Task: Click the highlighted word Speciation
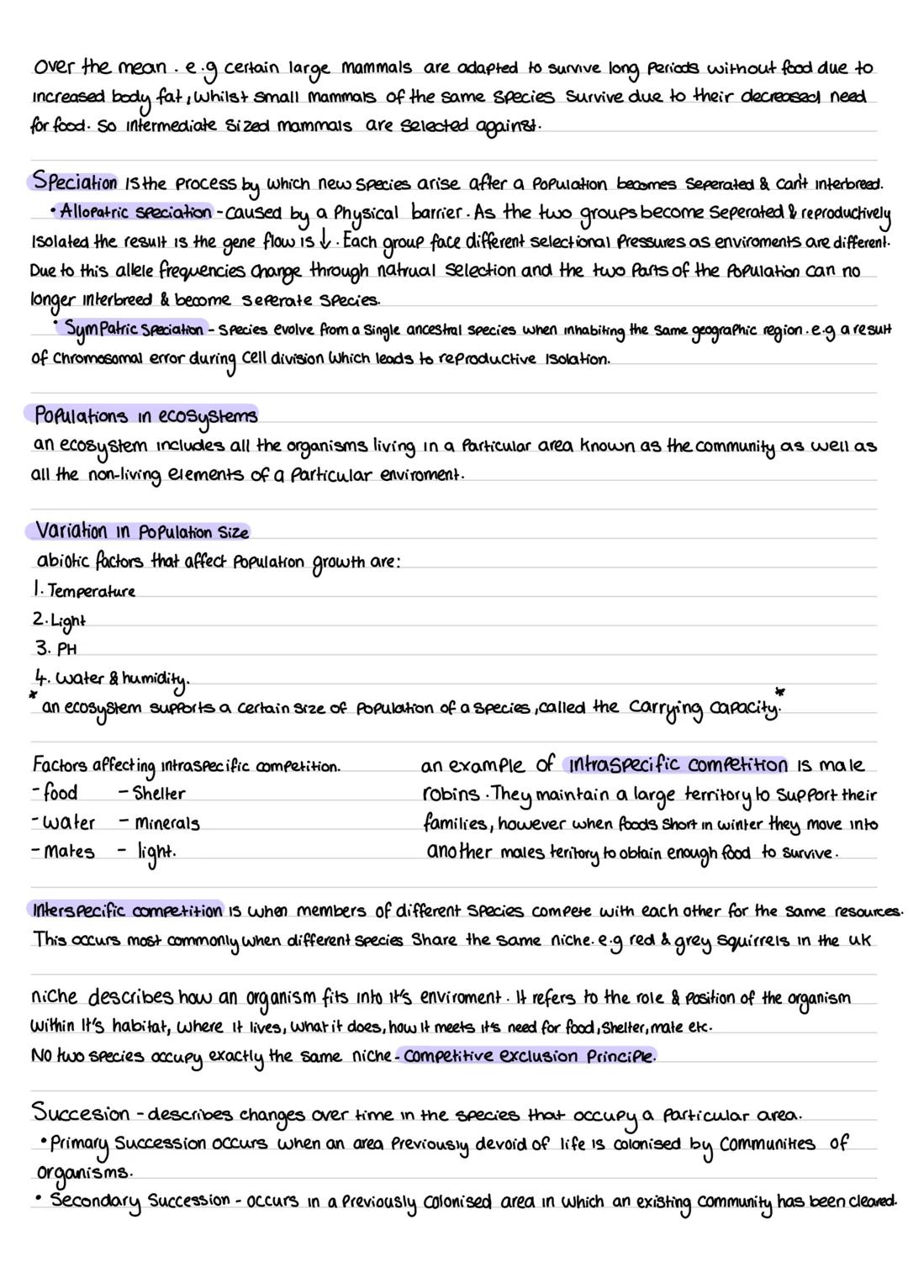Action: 74,182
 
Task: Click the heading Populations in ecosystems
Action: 145,415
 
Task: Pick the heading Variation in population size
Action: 142,531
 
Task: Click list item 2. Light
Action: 61,620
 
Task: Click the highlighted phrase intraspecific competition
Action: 677,765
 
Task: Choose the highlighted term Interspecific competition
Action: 127,911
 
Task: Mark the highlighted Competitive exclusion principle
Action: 528,1056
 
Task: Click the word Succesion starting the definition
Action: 81,1113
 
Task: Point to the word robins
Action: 452,795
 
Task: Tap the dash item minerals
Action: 166,823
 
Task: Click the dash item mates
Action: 68,852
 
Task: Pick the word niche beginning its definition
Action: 54,998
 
